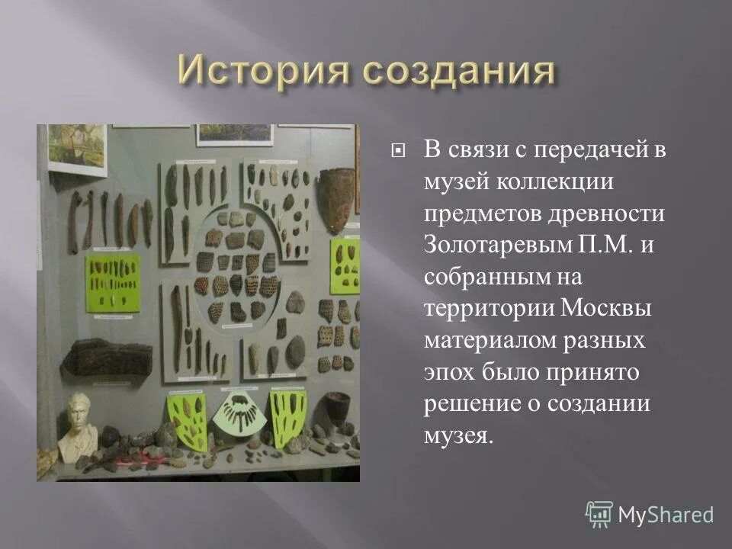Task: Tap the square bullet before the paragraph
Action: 397,150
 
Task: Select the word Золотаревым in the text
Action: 496,245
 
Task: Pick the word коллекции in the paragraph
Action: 551,182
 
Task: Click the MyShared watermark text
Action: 666,515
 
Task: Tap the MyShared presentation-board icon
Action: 599,514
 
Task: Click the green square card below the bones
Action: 113,279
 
